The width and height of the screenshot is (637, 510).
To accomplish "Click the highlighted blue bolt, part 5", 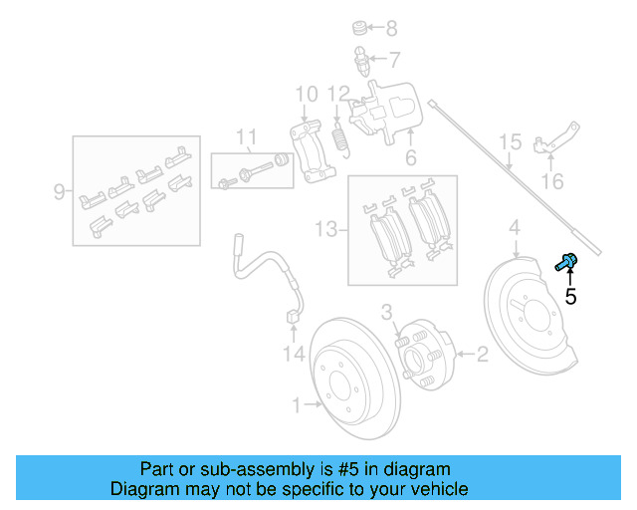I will click(x=566, y=262).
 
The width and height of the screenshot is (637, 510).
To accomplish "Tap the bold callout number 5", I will click(x=570, y=296).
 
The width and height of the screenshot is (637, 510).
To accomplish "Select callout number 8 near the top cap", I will click(x=391, y=28).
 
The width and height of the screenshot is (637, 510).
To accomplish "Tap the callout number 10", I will click(x=306, y=95).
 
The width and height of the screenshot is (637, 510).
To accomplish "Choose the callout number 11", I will click(x=246, y=136).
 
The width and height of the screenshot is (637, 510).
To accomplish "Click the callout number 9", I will click(x=60, y=189).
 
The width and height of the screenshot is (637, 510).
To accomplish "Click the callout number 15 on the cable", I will click(x=510, y=142).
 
